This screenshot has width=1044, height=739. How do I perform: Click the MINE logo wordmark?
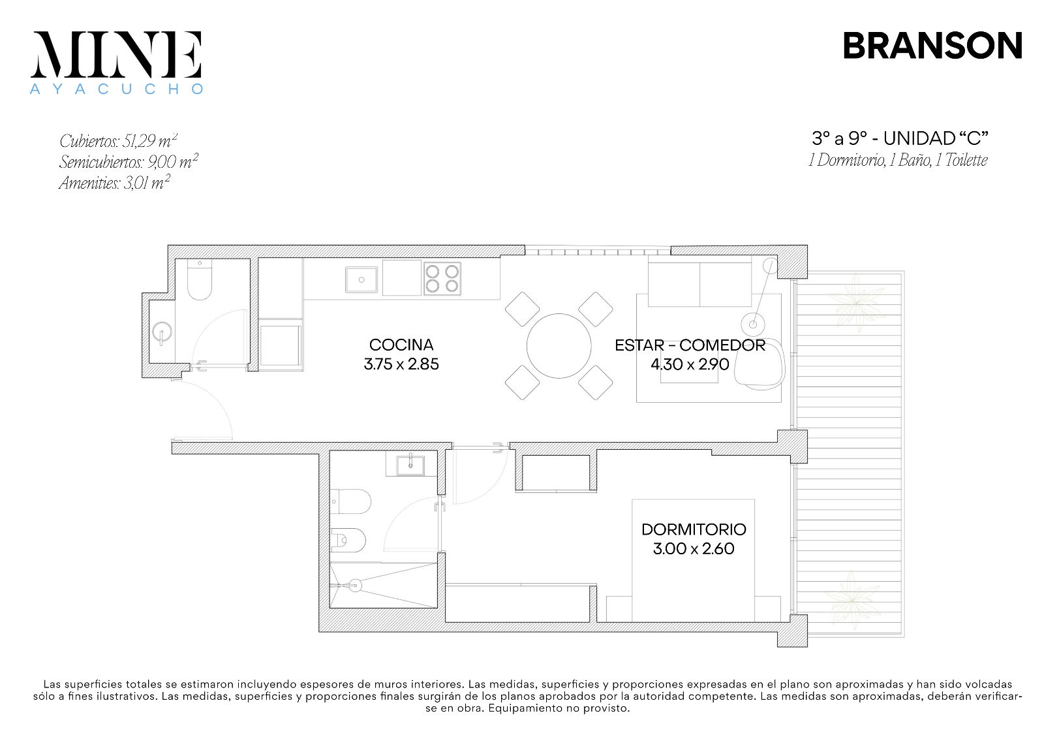pos(116,54)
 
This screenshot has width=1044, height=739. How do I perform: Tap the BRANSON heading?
pos(932,46)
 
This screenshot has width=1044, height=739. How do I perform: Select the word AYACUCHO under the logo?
pos(117,89)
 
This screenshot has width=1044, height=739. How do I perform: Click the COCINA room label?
pos(401,345)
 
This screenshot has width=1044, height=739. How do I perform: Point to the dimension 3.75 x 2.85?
pos(401,364)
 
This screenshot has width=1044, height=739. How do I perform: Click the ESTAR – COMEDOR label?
pos(690,345)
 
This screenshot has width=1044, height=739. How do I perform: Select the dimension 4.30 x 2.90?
pos(690,364)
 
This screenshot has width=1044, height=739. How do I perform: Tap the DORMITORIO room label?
pos(694,529)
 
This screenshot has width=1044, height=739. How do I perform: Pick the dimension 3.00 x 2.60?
pos(694,549)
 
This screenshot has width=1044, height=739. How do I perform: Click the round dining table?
pos(559,346)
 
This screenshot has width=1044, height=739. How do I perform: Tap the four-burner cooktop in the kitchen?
pos(442,279)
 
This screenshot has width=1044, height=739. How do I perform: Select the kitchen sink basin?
pos(361,280)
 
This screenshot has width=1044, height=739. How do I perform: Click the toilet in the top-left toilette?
pos(200,279)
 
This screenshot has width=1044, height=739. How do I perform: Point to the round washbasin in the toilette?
pos(162,332)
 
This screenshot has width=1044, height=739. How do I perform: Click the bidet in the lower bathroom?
pos(348,540)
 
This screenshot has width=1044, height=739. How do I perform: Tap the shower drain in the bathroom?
pos(356,584)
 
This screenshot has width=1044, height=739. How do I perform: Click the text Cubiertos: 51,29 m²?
pos(118,141)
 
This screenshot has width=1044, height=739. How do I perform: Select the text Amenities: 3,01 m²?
pos(114,183)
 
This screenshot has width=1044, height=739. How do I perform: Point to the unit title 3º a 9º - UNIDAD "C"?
pos(900,138)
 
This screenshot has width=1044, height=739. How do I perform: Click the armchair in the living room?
pos(759,363)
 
